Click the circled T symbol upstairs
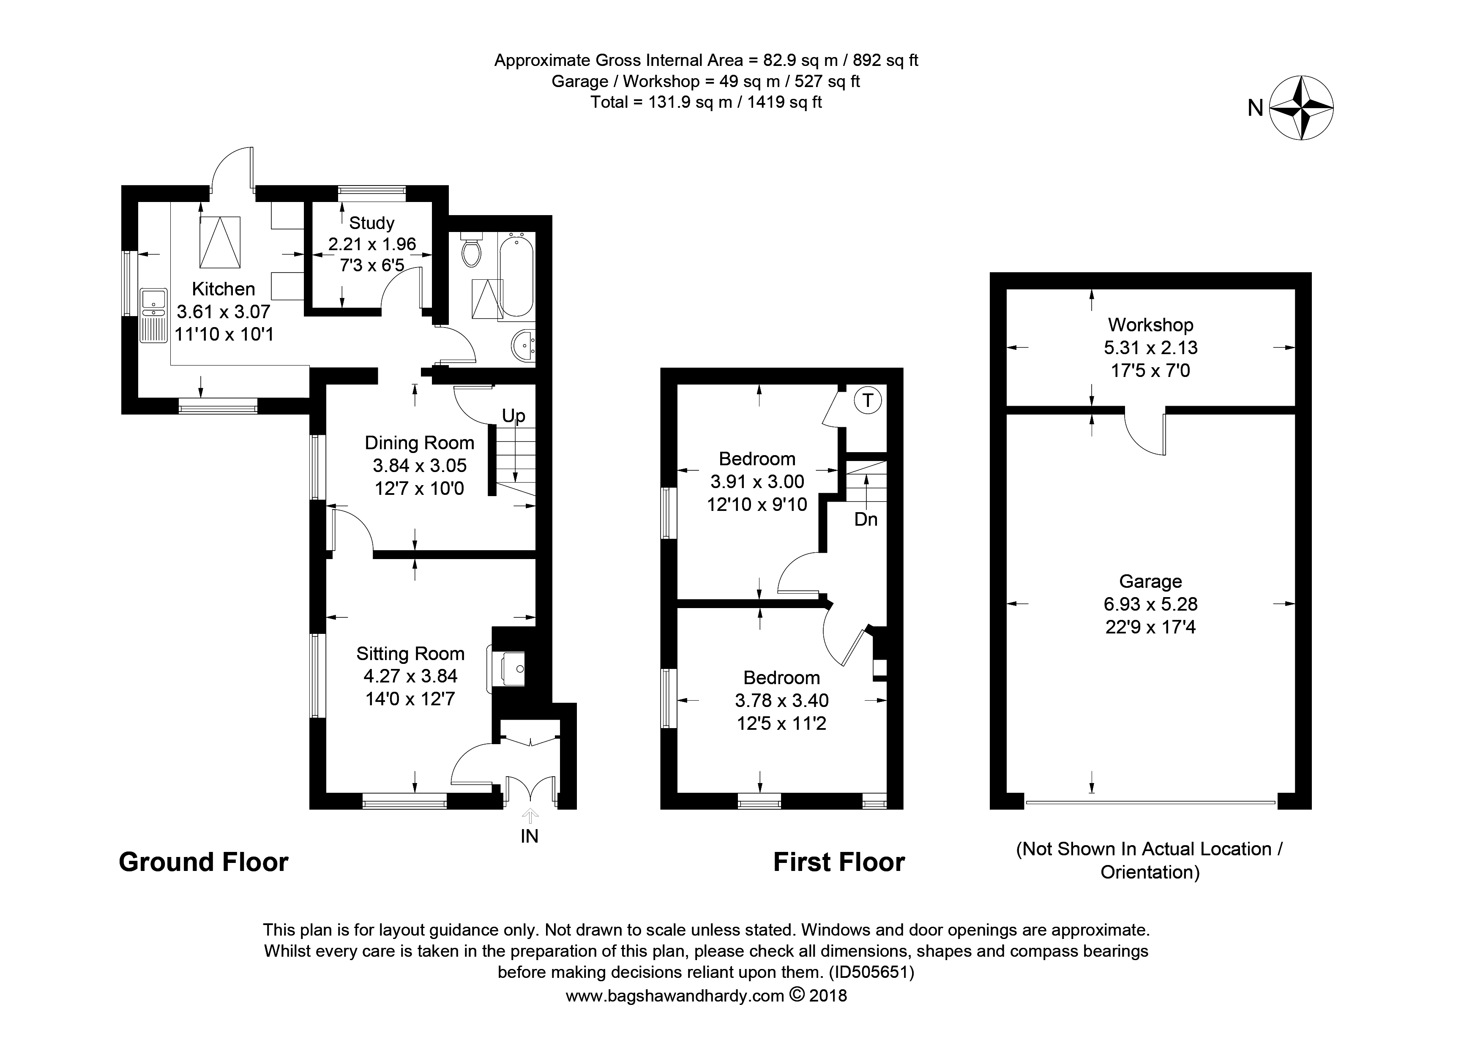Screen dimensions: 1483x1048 point(868,401)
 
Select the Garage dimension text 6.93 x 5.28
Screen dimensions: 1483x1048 point(1150,604)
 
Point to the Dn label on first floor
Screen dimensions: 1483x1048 point(866,519)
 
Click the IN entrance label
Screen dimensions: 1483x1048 point(529,836)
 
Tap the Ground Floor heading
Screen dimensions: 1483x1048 point(203,862)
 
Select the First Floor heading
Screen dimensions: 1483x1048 point(839,862)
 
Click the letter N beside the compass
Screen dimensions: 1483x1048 point(1255,108)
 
